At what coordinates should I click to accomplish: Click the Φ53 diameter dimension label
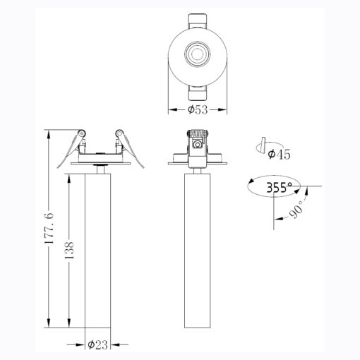pos(198,109)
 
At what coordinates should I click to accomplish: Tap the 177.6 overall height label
pos(49,228)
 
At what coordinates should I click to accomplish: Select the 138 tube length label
pos(69,250)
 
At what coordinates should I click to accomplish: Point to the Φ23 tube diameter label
pos(97,345)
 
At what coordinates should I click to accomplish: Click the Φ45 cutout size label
pos(279,155)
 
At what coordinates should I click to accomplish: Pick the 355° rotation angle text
pos(280,188)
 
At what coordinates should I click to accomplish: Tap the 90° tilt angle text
pos(296,210)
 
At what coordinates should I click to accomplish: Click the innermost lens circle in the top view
pos(198,54)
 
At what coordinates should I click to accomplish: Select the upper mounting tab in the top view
pos(198,21)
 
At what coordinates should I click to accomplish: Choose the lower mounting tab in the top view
pos(198,93)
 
